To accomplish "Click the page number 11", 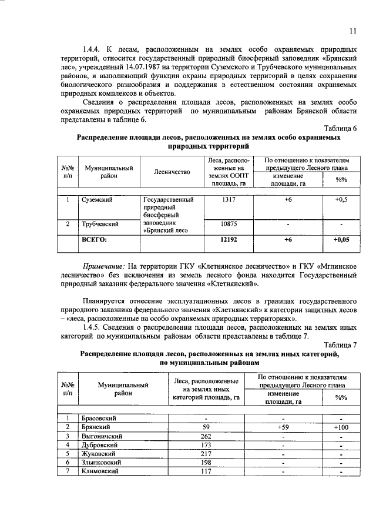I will [352, 31].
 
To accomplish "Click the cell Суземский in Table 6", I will [98, 200].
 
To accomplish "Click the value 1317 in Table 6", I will [229, 200].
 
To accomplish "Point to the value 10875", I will [229, 224].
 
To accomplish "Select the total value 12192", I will [229, 240].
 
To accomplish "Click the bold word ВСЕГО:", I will [98, 240].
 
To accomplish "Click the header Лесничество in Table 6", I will [172, 172].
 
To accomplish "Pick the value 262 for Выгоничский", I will [206, 436].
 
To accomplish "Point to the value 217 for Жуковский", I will [206, 454].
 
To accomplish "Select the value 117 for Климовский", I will [206, 471].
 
